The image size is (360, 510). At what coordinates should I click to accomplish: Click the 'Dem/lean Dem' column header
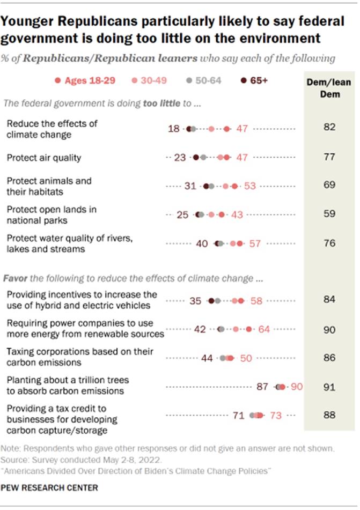(329, 86)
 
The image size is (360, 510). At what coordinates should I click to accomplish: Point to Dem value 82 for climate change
(329, 128)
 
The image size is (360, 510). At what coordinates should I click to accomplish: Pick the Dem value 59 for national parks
(329, 214)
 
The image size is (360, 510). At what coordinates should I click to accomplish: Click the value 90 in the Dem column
(329, 328)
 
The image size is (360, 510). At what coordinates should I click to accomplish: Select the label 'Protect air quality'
(43, 157)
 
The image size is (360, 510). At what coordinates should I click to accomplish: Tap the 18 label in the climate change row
(175, 129)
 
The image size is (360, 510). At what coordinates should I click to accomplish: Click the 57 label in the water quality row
(255, 243)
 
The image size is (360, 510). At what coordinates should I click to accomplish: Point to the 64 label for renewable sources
(264, 329)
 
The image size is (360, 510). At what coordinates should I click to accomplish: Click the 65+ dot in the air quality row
(196, 157)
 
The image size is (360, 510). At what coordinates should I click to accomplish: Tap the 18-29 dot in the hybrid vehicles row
(241, 301)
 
